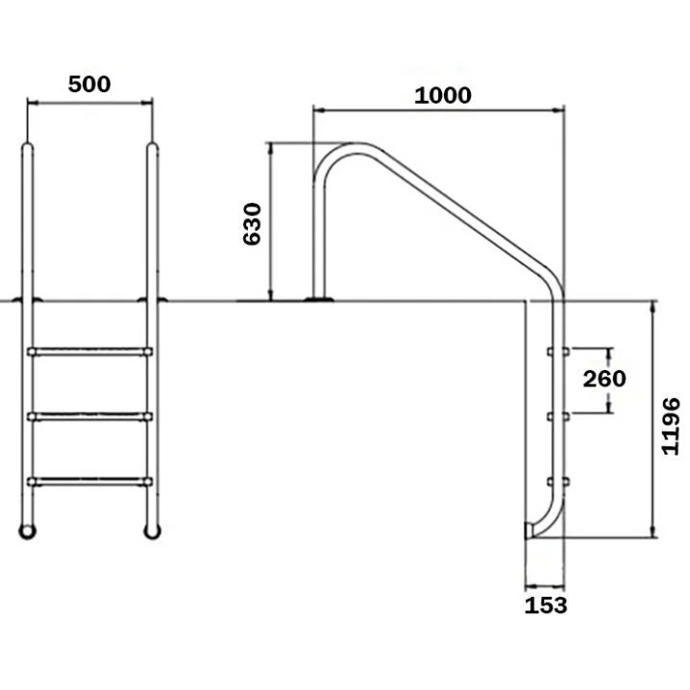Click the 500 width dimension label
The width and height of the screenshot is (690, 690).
89,84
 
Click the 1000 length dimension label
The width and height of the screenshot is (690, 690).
443,95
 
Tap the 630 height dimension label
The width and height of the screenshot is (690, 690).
252,224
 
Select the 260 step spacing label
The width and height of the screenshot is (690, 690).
604,379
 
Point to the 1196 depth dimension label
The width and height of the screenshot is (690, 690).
670,426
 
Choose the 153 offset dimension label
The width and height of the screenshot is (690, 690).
546,605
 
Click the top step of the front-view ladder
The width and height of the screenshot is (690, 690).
89,352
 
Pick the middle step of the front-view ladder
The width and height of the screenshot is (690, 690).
89,416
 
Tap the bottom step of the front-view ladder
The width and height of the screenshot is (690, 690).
89,481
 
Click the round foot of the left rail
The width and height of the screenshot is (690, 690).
27,531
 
